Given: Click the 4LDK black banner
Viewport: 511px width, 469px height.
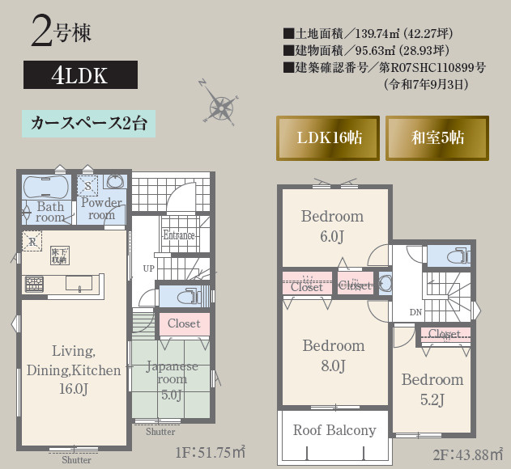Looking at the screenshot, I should pos(80,75).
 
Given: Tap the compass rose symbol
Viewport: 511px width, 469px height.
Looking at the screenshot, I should pos(219,105).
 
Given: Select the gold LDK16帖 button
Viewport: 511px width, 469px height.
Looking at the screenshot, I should pos(328,137).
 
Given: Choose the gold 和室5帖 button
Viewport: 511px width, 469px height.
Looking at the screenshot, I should pos(437,137).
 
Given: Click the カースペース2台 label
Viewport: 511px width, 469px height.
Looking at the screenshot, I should pos(87,124).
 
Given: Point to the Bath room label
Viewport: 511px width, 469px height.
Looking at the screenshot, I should pos(49,212).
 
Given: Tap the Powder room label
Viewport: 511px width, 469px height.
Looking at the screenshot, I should pos(102,209).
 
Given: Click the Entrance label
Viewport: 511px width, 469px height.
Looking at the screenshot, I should pos(180,235).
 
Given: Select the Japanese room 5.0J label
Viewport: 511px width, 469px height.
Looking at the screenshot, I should pos(172,380).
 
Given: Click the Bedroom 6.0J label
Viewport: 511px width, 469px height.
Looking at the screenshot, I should pos(332,226).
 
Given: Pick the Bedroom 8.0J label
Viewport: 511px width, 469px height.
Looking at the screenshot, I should pos(333,355).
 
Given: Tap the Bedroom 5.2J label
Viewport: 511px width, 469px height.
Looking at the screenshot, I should pos(432,388).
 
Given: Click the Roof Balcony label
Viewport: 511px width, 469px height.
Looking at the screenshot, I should pos(334,430).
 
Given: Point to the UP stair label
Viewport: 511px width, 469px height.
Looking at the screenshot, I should pos(149,268).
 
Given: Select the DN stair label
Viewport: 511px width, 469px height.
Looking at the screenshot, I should pos(415,311).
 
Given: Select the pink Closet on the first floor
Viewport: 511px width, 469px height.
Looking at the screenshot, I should pos(184,323).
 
